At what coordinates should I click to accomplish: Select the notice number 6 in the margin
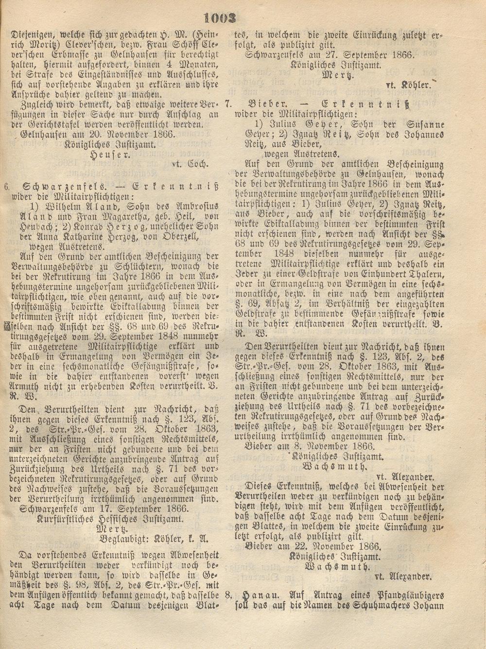click(5, 186)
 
